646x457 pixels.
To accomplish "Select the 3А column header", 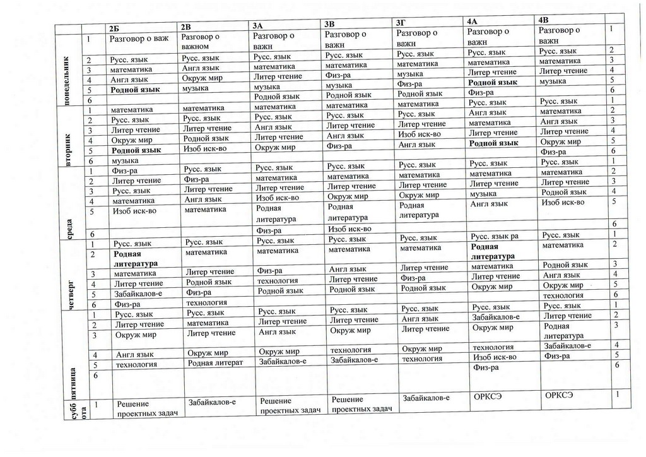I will tap(257, 26).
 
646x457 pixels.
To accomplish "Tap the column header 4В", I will tap(544, 20).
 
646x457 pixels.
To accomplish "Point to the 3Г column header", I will tap(400, 23).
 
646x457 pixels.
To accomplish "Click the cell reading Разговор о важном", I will tap(199, 41).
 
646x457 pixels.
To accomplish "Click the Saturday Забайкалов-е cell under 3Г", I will tap(426, 398).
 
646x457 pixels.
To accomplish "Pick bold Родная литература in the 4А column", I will tap(493, 251).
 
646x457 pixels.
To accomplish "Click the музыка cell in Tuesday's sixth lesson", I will tap(124, 162).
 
